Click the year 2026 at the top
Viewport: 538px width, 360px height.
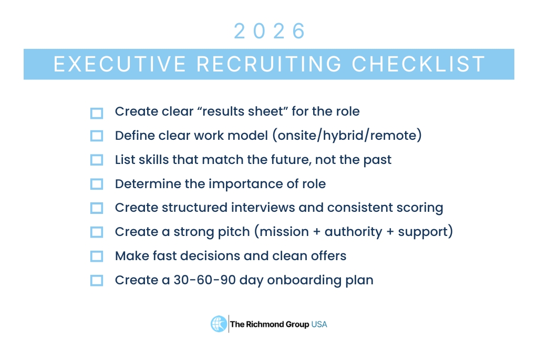pyautogui.click(x=269, y=32)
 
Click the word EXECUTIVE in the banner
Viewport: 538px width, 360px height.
pyautogui.click(x=120, y=64)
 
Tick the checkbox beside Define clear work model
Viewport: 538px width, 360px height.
pyautogui.click(x=97, y=136)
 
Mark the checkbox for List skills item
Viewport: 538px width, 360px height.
pyautogui.click(x=97, y=160)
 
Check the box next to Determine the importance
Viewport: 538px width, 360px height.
pyautogui.click(x=97, y=184)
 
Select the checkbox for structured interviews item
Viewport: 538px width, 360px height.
pyautogui.click(x=97, y=208)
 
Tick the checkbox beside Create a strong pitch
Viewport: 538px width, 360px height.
pyautogui.click(x=97, y=232)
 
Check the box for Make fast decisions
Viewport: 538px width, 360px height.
pyautogui.click(x=97, y=256)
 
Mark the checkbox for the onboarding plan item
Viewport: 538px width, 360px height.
pyautogui.click(x=97, y=281)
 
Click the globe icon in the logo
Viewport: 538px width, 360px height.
pyautogui.click(x=219, y=324)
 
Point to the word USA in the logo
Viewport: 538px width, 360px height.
pyautogui.click(x=319, y=324)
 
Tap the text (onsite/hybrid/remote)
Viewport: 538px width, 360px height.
pyautogui.click(x=347, y=136)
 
